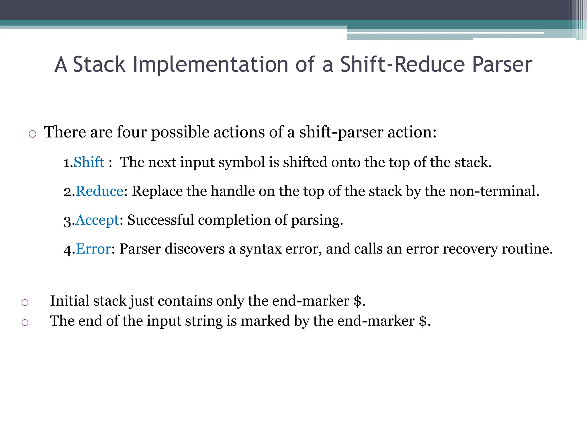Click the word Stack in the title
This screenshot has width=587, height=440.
(99, 64)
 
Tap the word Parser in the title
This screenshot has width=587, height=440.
(502, 64)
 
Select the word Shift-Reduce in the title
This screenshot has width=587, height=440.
(402, 64)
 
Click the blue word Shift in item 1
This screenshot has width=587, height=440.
(89, 162)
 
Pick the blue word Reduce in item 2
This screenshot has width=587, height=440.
(99, 191)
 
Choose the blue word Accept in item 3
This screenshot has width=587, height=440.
(97, 220)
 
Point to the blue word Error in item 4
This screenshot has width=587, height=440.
(93, 249)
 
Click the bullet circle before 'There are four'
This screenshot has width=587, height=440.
(32, 134)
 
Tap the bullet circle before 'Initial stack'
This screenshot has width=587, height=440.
(25, 302)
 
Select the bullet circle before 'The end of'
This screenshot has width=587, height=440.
(25, 323)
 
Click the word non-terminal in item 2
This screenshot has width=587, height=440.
(494, 191)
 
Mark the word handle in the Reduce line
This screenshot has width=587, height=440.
(232, 191)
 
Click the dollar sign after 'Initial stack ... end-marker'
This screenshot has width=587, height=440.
(357, 301)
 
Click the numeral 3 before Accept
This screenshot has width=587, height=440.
(67, 221)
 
